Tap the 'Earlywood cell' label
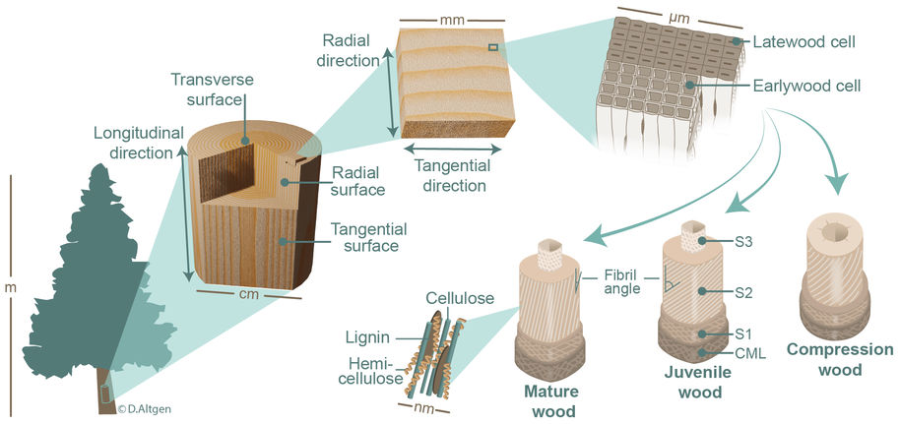[x=806, y=87]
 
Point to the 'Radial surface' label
[x=357, y=180]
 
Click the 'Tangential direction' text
[x=449, y=174]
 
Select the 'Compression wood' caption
[x=840, y=360]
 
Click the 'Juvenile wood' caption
[x=699, y=383]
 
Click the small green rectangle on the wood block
[x=493, y=46]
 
